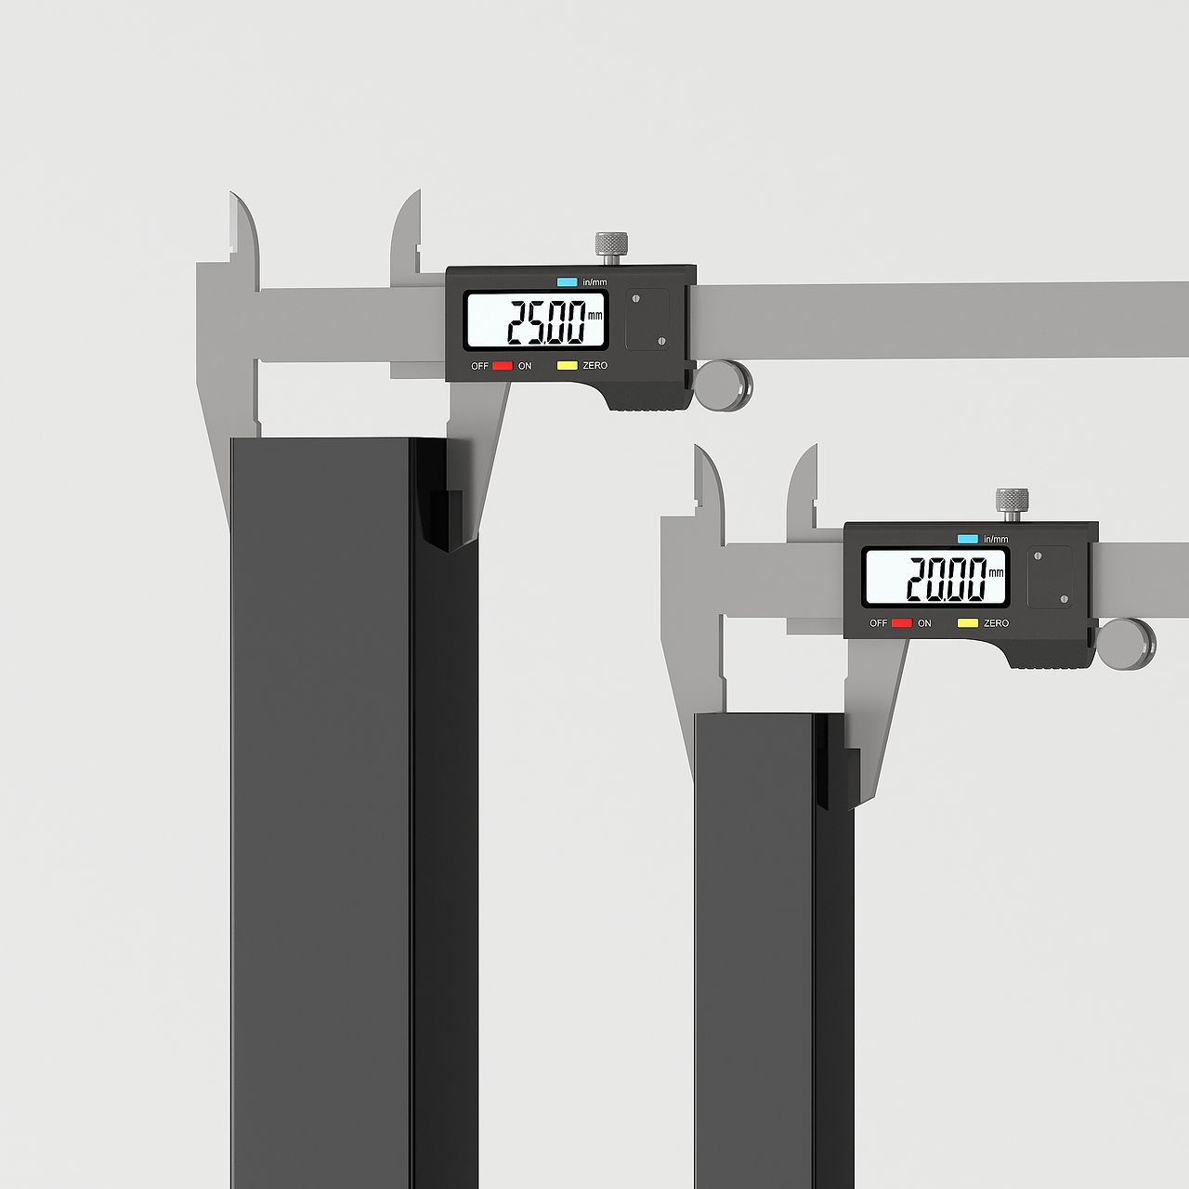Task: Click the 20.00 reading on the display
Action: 947,579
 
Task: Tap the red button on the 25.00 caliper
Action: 503,365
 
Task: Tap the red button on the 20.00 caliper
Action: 901,622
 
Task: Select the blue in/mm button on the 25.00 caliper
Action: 567,282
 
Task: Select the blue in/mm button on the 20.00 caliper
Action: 968,539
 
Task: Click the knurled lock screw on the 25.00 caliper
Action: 611,248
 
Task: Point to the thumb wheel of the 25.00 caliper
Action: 723,385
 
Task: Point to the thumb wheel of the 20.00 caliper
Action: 1127,644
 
